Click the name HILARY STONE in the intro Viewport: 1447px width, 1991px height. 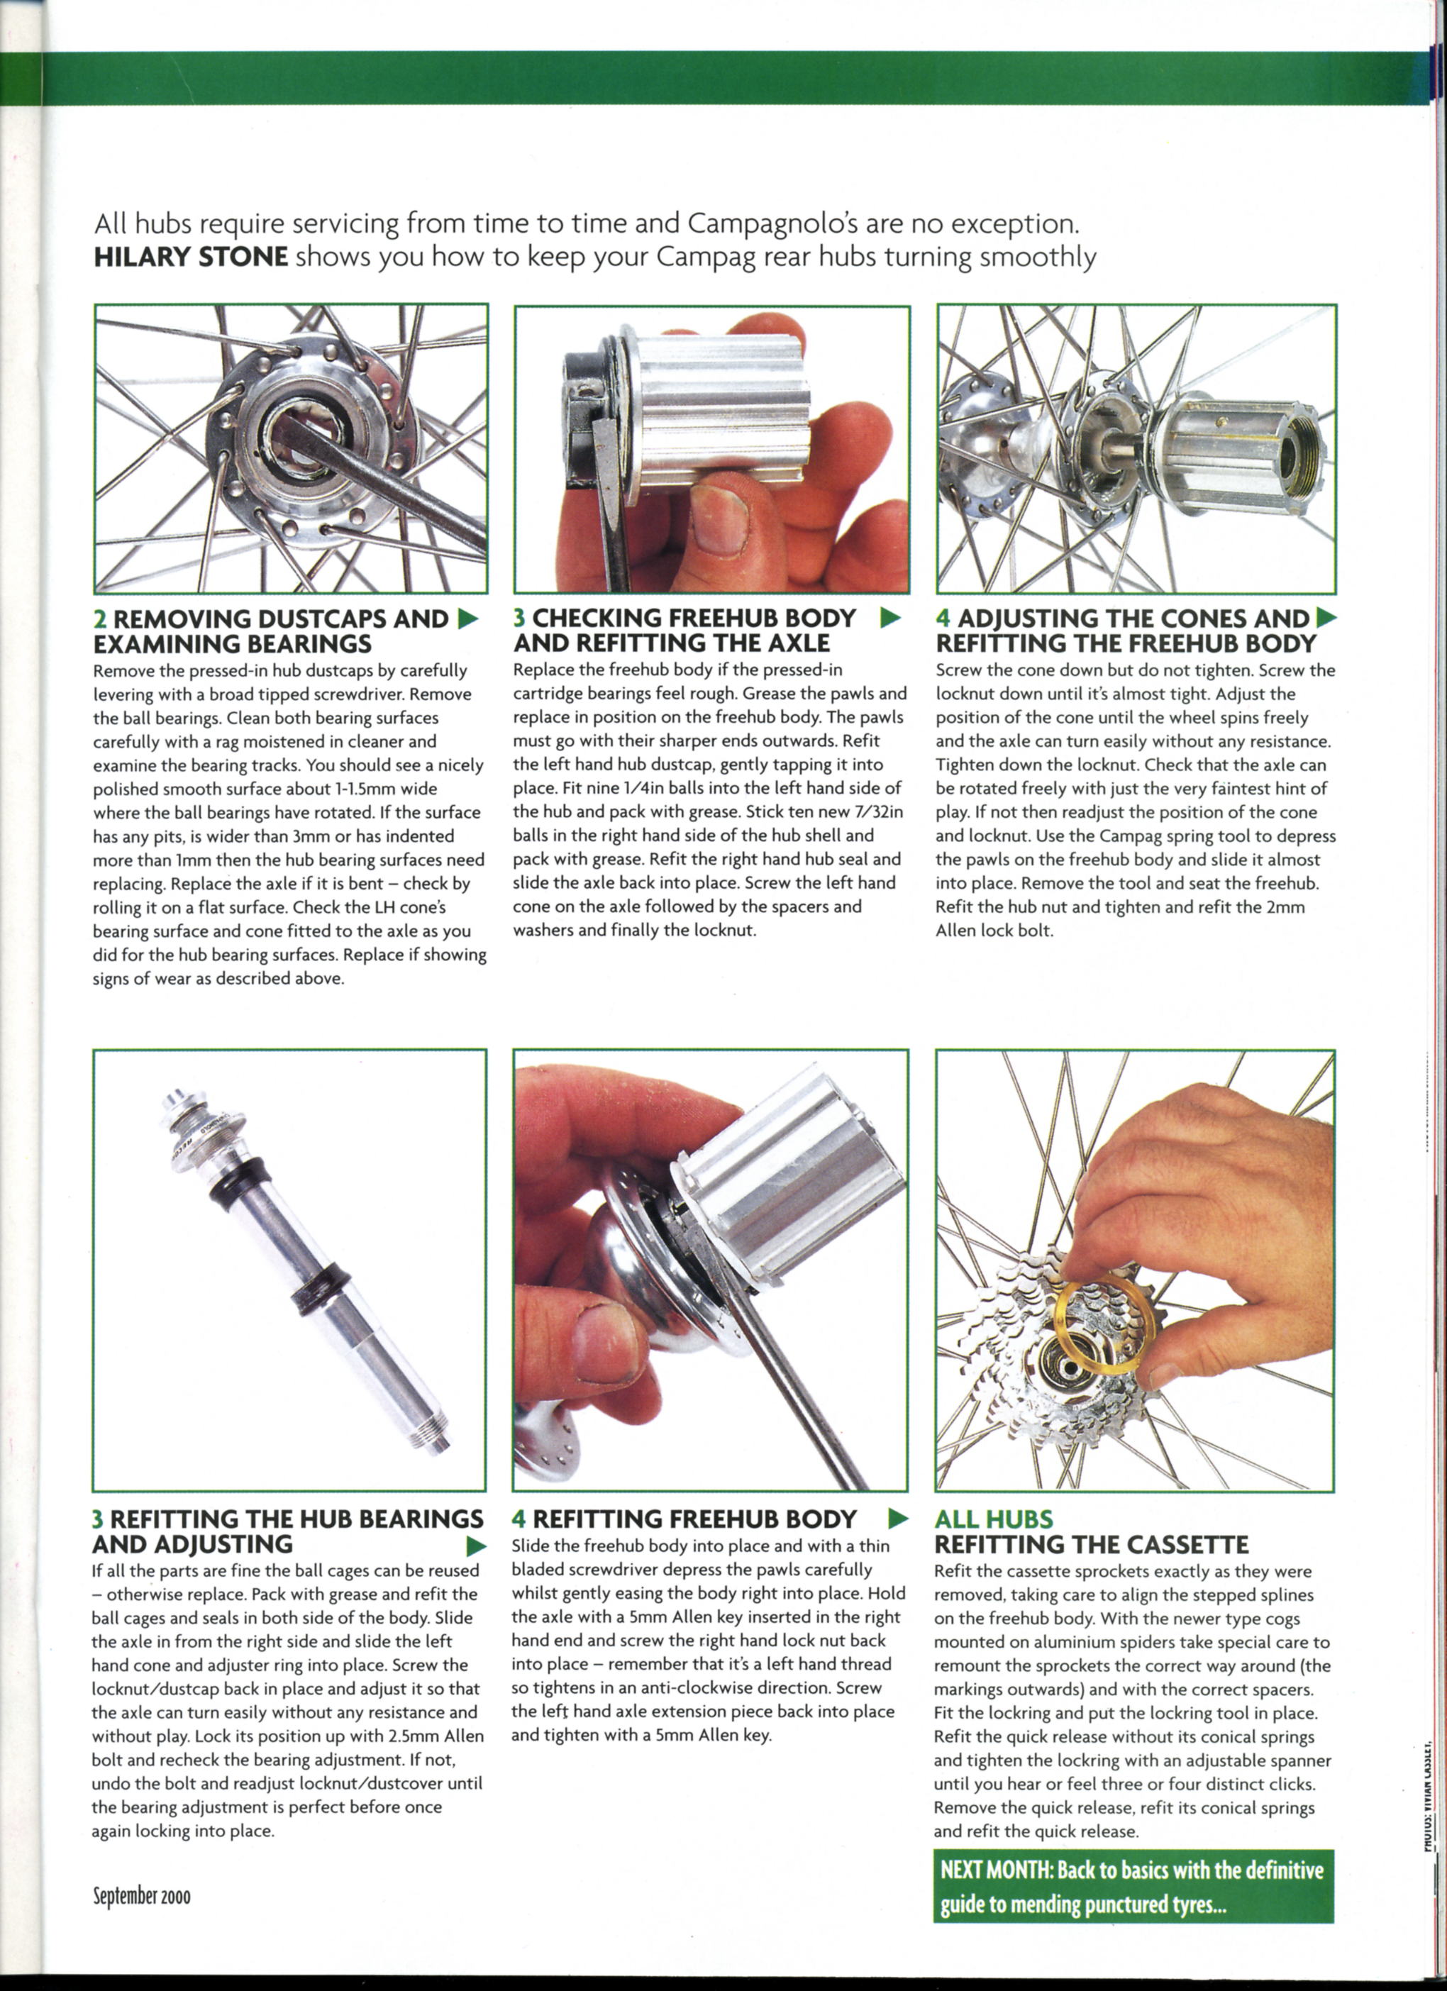tap(191, 257)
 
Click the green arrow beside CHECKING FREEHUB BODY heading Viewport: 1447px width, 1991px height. tap(890, 618)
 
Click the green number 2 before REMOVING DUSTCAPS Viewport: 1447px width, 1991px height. tap(99, 619)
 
